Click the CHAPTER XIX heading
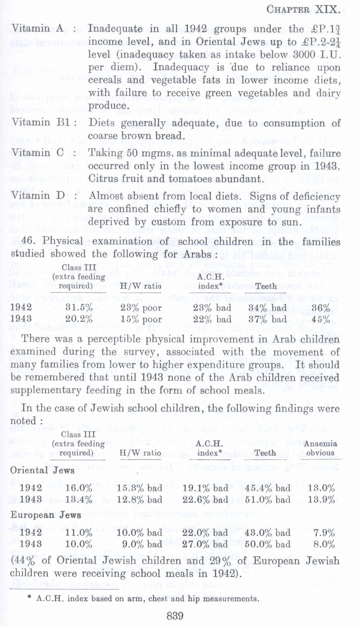303,9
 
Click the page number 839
175,616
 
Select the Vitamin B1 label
43,123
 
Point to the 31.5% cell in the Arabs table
79,308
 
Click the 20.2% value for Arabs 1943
79,320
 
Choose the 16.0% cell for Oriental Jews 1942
79,488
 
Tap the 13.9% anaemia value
321,499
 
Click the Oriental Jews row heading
42,470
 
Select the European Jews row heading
46,515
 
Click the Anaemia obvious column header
320,448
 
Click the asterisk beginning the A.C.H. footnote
29,598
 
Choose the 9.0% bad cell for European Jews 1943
142,544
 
